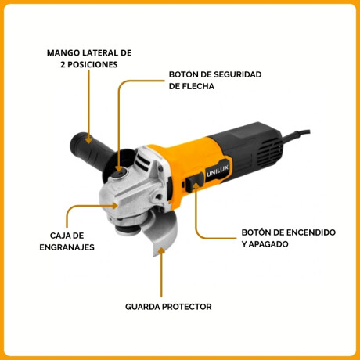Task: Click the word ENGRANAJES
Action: pyautogui.click(x=67, y=247)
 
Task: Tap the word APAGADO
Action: pyautogui.click(x=265, y=244)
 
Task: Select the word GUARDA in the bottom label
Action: pyautogui.click(x=143, y=307)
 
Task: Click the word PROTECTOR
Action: pyautogui.click(x=187, y=307)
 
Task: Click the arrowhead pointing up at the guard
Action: pyautogui.click(x=162, y=251)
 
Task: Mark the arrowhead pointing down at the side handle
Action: pyautogui.click(x=88, y=141)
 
